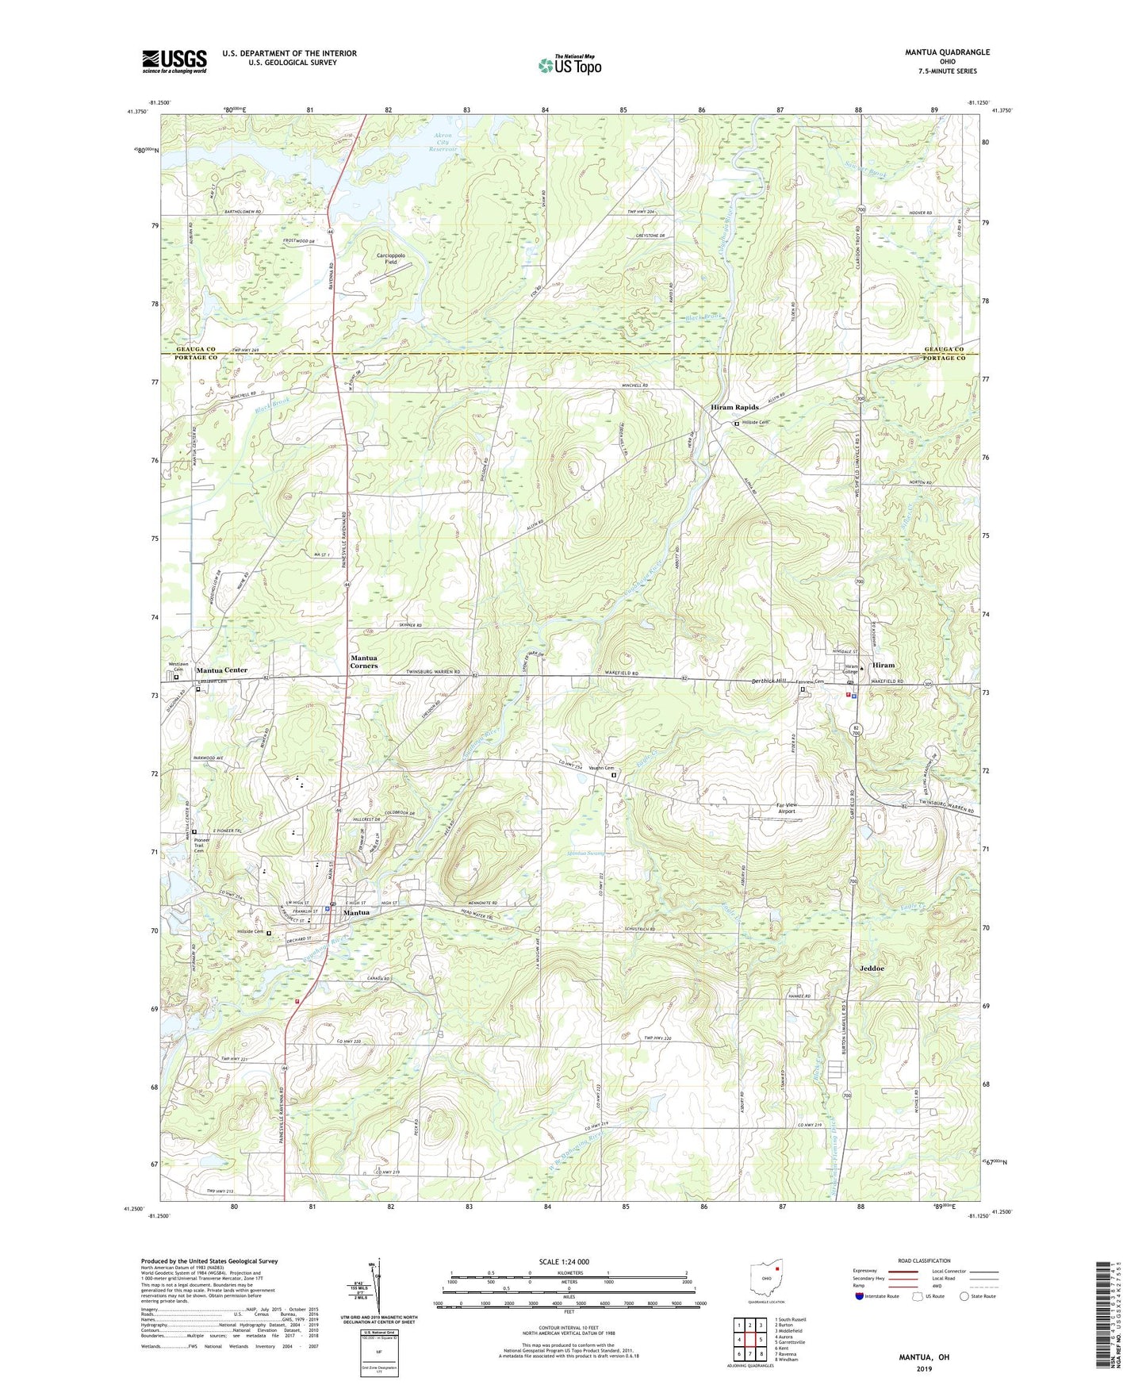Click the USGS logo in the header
174,61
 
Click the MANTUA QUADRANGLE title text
947,52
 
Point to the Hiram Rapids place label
734,408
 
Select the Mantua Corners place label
363,662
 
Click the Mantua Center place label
221,670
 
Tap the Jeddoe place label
871,969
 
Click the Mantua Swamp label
586,854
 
